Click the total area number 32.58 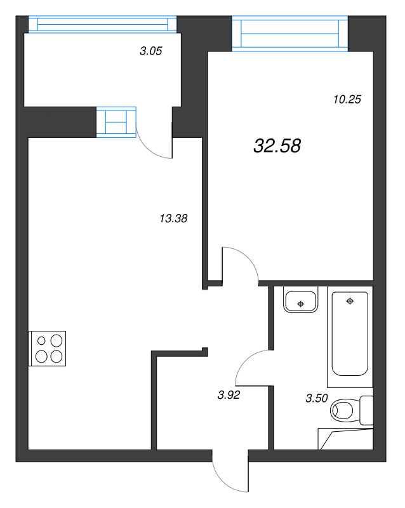click(x=277, y=146)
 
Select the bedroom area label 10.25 click(x=347, y=98)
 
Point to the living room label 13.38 click(x=173, y=218)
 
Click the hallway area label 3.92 click(x=229, y=394)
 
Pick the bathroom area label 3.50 click(x=317, y=399)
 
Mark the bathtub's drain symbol click(x=349, y=300)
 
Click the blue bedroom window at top click(x=290, y=33)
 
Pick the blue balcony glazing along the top click(x=102, y=23)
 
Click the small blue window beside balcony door click(x=116, y=121)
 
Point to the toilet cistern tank click(x=366, y=410)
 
